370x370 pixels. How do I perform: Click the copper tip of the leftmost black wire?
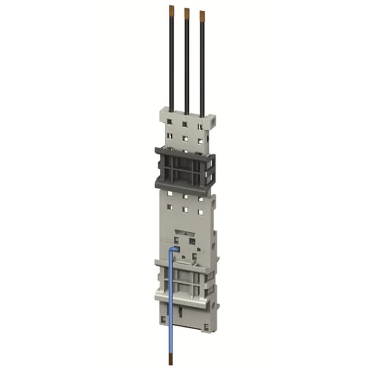coord(171,8)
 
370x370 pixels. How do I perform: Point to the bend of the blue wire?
coord(171,250)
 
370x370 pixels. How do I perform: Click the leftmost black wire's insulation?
coord(172,59)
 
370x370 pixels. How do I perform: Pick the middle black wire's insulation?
coord(187,63)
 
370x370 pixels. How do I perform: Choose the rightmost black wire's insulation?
coord(202,67)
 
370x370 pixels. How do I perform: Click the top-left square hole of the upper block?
coord(169,121)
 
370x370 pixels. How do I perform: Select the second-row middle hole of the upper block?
coord(185,139)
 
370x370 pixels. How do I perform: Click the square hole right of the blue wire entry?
coord(192,241)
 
